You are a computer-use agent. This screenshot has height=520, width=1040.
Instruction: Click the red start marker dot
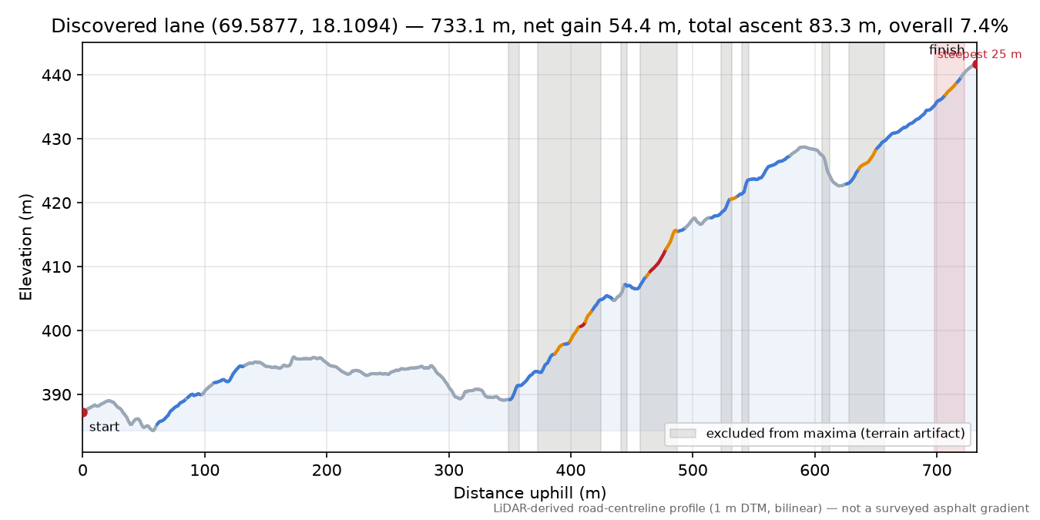click(83, 412)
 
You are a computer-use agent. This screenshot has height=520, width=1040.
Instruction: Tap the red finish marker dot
click(976, 64)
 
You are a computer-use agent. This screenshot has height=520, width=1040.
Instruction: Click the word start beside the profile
click(104, 427)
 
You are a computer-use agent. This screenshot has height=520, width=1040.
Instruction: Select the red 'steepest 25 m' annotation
click(979, 55)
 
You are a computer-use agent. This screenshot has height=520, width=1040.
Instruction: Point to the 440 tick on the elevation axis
click(56, 75)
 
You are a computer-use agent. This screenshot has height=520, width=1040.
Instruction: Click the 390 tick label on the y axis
click(56, 395)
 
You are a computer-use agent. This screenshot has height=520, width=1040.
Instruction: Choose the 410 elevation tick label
click(56, 267)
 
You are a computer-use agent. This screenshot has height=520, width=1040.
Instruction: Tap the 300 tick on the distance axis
click(449, 471)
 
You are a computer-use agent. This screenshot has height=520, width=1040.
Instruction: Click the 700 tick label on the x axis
click(937, 471)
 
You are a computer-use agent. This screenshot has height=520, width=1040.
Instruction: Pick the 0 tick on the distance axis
click(82, 471)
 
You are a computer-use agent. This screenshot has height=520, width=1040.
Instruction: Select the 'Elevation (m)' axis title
click(25, 247)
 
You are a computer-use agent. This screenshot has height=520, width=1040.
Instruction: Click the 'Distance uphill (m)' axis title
click(530, 493)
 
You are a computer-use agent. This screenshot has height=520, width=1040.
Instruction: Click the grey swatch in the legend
click(683, 434)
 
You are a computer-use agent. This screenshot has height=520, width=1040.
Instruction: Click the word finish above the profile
click(947, 49)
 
